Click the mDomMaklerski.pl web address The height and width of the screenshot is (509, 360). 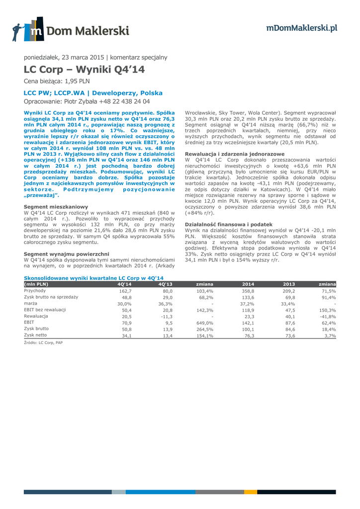point(301,28)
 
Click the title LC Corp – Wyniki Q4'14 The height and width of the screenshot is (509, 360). point(85,69)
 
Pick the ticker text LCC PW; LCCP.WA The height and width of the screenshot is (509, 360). point(61,93)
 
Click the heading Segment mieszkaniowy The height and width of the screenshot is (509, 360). point(56,206)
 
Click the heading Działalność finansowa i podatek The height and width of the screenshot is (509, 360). point(229,225)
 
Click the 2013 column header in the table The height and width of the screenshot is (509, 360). point(289,284)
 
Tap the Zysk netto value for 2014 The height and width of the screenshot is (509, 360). point(248,336)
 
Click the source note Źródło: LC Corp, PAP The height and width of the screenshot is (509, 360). point(43,342)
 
